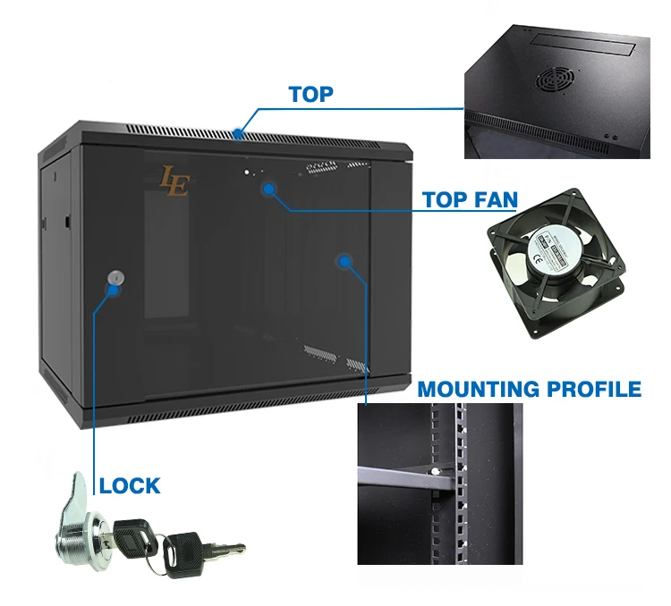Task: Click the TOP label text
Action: click(x=310, y=94)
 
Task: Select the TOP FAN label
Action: click(x=471, y=198)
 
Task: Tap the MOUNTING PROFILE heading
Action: click(x=530, y=389)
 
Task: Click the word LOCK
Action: click(x=130, y=486)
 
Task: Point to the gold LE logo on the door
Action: click(x=174, y=181)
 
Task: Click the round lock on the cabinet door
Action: click(x=114, y=278)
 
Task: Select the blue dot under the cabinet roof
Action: click(x=268, y=189)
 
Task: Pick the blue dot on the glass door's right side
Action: click(x=344, y=261)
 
